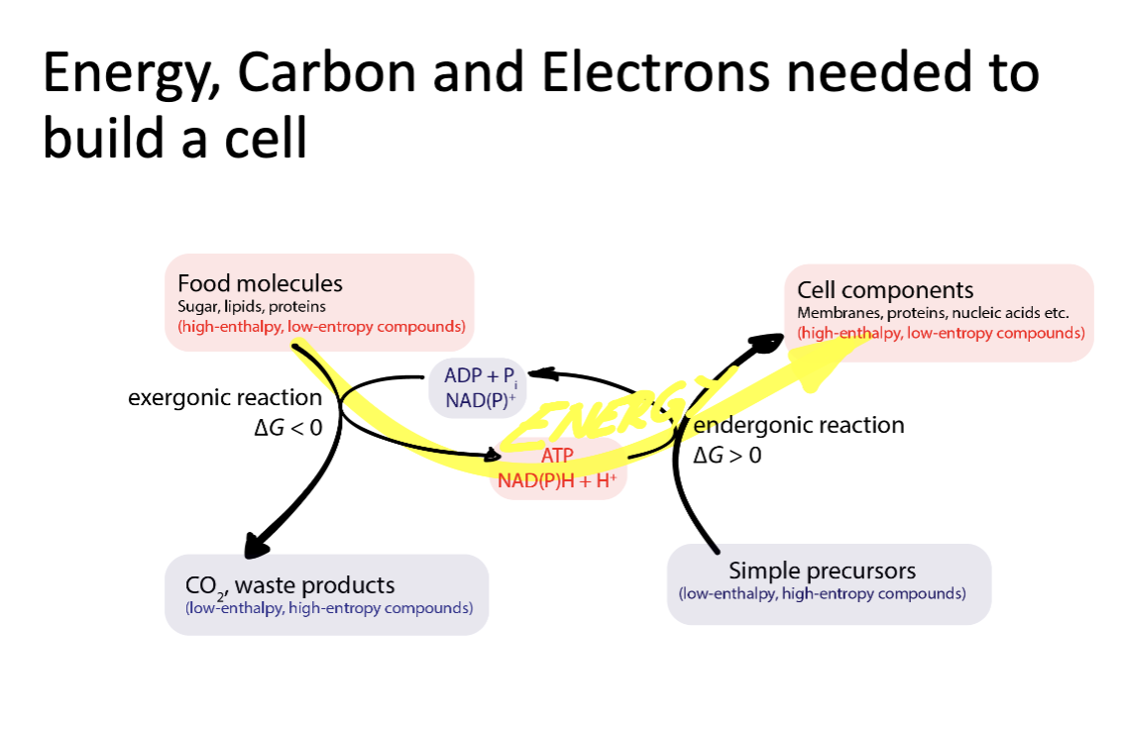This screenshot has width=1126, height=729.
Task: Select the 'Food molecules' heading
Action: click(260, 283)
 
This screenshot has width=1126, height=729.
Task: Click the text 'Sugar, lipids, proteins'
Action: click(252, 307)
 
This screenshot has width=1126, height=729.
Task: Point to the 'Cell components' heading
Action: click(885, 290)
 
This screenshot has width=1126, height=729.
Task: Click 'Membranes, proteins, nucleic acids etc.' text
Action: click(933, 313)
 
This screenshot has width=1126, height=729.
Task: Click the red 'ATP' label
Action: click(558, 456)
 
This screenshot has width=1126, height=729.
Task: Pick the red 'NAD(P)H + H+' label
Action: click(558, 480)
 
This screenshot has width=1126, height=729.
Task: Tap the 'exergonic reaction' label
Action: click(225, 398)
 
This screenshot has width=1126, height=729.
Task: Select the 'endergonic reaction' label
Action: click(799, 425)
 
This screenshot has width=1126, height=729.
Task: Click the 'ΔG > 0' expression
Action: click(728, 456)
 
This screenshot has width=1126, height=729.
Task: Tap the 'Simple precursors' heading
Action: click(822, 571)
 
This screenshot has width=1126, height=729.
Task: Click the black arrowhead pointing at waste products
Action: click(257, 544)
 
